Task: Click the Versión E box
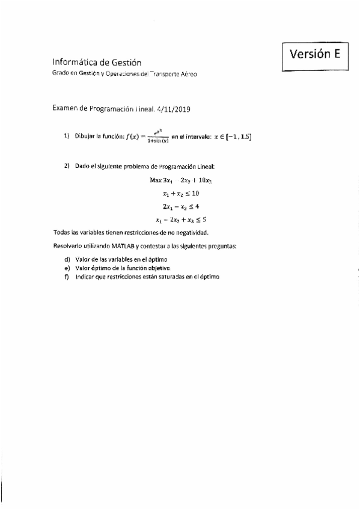tap(315, 55)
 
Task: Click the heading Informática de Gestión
tap(97, 61)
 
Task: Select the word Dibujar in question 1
tap(85, 137)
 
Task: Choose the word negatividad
tap(191, 233)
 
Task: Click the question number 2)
tap(67, 165)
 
